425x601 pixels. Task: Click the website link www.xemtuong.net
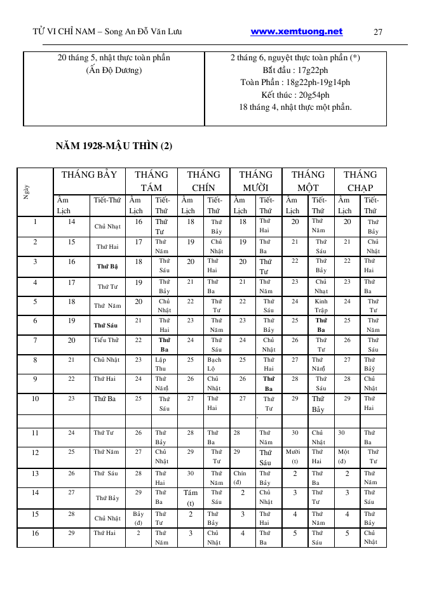[x=296, y=32]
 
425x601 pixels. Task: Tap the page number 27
[x=378, y=32]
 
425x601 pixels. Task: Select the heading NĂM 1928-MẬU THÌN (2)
[x=114, y=147]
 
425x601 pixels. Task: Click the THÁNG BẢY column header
[x=89, y=175]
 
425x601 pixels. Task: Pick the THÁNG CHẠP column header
[x=360, y=181]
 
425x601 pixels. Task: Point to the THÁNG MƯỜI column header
[x=256, y=181]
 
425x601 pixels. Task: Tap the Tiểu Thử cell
[x=107, y=340]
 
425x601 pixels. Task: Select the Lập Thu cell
[x=161, y=364]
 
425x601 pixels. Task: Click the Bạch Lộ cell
[x=214, y=364]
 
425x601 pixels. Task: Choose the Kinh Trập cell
[x=321, y=306]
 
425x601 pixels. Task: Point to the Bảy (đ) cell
[x=138, y=518]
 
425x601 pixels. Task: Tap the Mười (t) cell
[x=294, y=457]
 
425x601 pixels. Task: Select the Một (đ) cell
[x=343, y=457]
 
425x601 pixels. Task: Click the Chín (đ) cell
[x=239, y=477]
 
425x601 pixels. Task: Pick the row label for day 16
[x=35, y=533]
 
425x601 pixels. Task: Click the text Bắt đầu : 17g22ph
[x=295, y=70]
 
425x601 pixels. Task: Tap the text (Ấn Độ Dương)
[x=114, y=70]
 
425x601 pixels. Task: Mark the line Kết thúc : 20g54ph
[x=295, y=95]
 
